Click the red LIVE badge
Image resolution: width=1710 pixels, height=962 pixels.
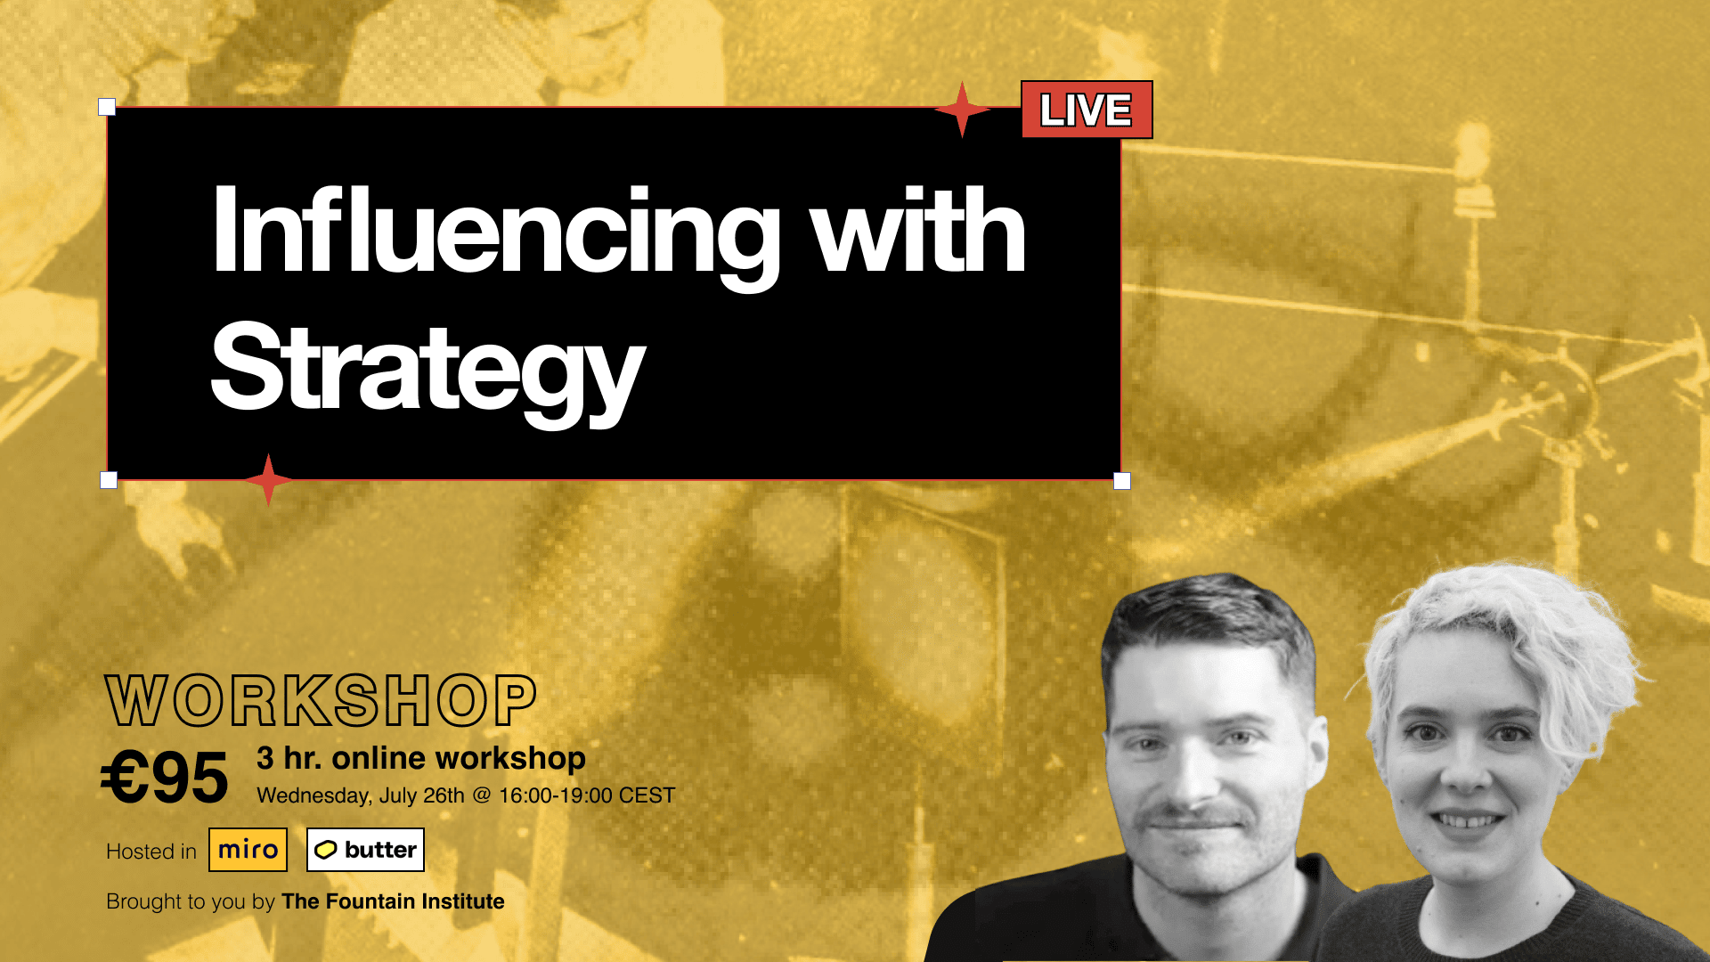tap(1087, 110)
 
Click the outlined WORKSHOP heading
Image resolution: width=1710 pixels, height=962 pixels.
tap(321, 701)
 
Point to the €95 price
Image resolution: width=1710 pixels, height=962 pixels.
tap(164, 778)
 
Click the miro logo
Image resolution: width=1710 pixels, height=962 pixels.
tap(248, 850)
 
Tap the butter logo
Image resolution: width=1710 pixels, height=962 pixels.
tap(365, 850)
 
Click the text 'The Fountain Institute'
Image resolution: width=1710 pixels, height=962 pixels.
tap(393, 901)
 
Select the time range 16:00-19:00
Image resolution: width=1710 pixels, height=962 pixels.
tap(555, 795)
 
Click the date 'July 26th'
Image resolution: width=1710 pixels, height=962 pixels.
tap(422, 795)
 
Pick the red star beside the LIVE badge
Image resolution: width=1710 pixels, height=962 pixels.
tap(962, 110)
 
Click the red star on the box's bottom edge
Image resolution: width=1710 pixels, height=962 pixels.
tap(268, 480)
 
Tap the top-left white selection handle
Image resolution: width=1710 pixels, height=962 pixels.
tap(107, 107)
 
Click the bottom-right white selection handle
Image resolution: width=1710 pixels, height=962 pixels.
tap(1122, 481)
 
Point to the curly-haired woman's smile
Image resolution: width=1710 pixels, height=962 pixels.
tap(1467, 819)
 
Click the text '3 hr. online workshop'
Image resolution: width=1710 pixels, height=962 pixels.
tap(421, 758)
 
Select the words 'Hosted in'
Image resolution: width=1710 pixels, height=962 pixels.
tap(151, 852)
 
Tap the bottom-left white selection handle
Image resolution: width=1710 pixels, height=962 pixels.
tap(109, 480)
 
